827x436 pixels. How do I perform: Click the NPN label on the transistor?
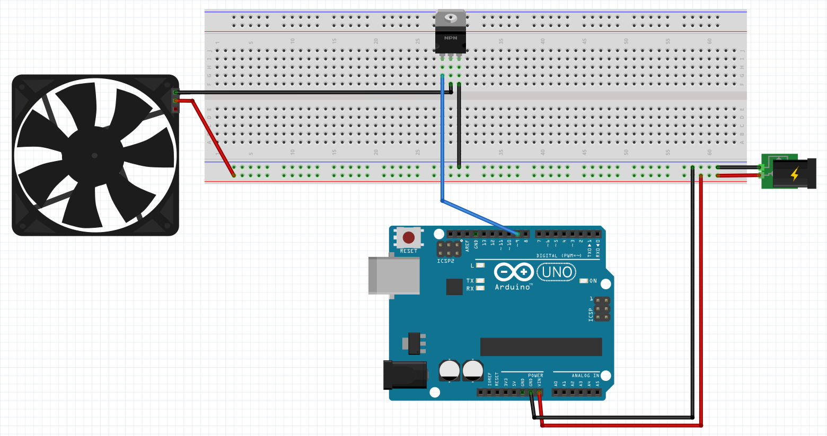tap(451, 38)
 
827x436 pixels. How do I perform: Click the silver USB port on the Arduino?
tap(394, 275)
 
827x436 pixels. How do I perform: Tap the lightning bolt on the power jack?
tap(795, 173)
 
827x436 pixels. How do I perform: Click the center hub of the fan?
tap(94, 155)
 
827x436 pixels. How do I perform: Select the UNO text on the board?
tap(557, 272)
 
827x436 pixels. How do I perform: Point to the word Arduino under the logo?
tap(513, 287)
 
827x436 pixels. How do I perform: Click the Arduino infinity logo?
tap(513, 272)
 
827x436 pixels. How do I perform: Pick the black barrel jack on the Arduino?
tap(405, 375)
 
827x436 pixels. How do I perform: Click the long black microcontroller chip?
tap(541, 346)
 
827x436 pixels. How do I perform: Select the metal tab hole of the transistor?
tap(451, 17)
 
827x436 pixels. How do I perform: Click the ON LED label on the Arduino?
tap(593, 281)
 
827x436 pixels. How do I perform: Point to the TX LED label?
tap(470, 281)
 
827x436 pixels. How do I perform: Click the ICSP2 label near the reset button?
tap(445, 261)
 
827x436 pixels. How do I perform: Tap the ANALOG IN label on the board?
tap(585, 376)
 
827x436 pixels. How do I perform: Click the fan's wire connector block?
tap(175, 101)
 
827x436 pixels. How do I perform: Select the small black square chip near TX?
tap(454, 287)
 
